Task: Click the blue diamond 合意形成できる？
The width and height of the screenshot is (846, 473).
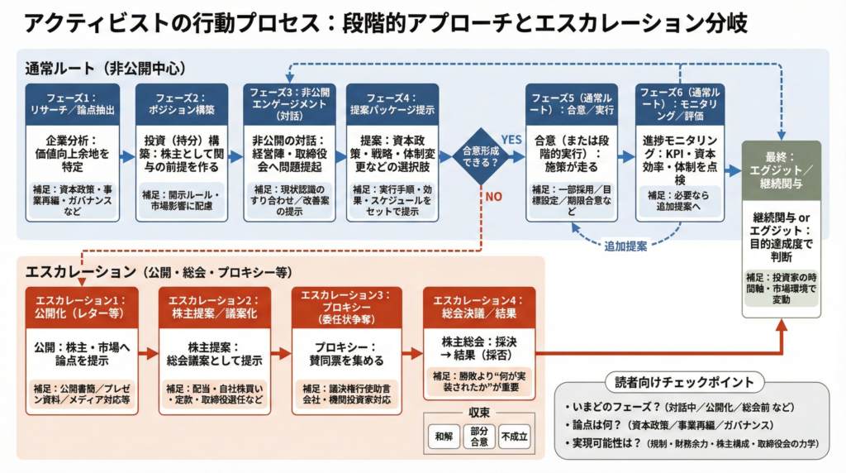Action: [480, 155]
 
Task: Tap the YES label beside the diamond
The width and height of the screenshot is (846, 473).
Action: [512, 140]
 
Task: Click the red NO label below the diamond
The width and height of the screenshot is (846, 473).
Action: [493, 197]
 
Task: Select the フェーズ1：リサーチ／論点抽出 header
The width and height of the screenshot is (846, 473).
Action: [72, 103]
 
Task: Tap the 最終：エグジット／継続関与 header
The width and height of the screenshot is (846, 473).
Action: [781, 170]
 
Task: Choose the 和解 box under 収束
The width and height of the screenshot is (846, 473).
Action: [443, 435]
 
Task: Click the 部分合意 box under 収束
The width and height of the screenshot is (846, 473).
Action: [478, 435]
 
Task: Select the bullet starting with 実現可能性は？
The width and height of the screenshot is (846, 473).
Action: [694, 444]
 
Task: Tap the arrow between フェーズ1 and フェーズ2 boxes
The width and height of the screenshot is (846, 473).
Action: [127, 155]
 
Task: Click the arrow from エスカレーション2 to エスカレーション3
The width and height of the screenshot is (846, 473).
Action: [281, 354]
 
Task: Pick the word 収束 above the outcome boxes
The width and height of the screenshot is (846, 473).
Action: [478, 411]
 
